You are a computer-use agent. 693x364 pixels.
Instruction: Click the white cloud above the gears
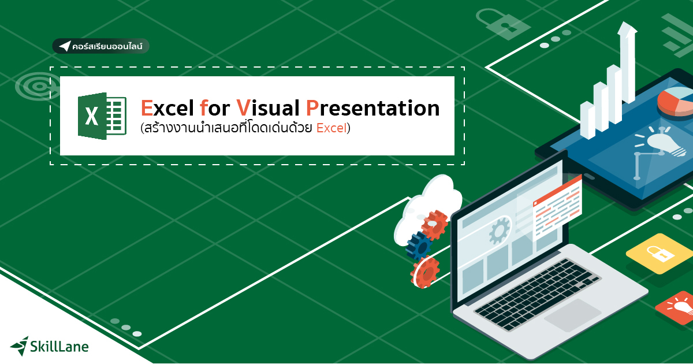(430, 202)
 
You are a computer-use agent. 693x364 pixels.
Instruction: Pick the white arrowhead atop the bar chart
(627, 29)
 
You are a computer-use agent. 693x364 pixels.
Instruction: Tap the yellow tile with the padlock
(658, 254)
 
